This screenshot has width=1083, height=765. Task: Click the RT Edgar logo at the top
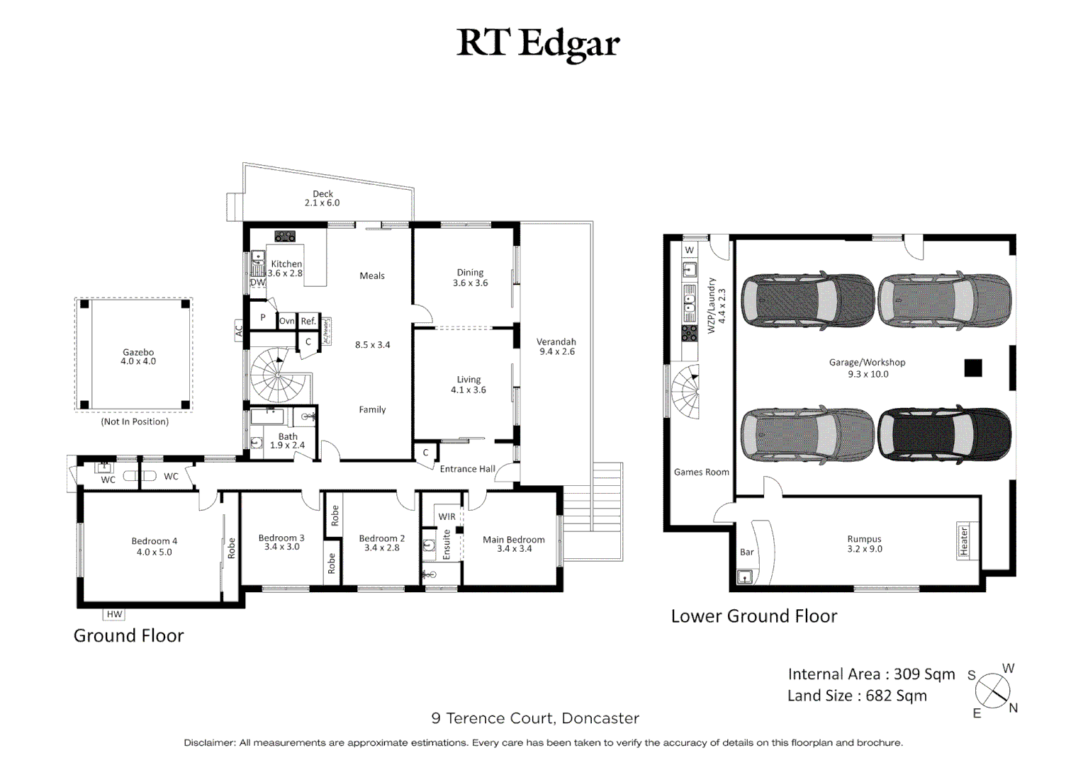(538, 43)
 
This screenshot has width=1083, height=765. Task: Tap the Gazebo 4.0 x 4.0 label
(138, 356)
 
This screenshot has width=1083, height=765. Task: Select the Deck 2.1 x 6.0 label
(322, 198)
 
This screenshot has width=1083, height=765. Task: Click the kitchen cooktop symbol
(285, 237)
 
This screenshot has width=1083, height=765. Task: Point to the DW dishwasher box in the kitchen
(257, 282)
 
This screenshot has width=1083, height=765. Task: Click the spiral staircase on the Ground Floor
(279, 375)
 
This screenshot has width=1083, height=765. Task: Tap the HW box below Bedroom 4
(114, 614)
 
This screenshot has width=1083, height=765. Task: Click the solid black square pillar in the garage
(972, 368)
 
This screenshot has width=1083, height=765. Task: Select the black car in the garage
(944, 434)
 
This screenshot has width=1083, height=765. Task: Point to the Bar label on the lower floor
(747, 552)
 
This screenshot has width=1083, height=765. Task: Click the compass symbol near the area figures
(992, 691)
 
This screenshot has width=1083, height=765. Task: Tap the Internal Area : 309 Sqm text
(871, 674)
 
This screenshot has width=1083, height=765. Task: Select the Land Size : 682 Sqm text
(857, 696)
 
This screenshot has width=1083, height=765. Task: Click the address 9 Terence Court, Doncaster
(535, 718)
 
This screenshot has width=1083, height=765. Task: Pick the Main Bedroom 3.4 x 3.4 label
(514, 544)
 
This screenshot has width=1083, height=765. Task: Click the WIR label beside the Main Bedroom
(447, 516)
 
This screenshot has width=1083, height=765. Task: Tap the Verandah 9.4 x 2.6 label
(556, 346)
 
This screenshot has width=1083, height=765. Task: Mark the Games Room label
(701, 472)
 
